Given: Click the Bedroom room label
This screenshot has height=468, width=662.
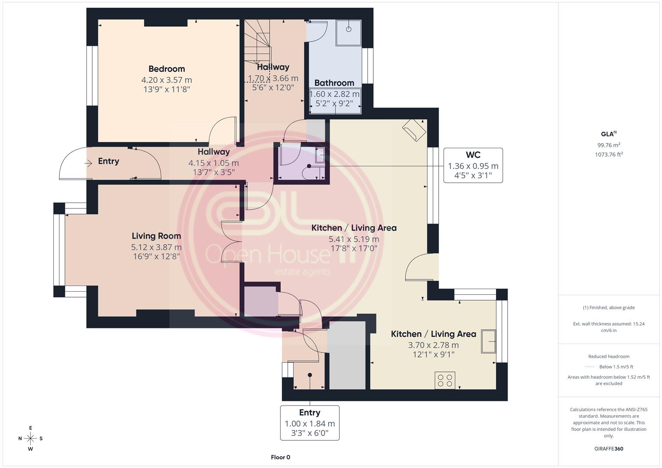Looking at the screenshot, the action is (166, 69).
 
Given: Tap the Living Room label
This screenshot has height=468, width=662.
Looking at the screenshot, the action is (157, 236).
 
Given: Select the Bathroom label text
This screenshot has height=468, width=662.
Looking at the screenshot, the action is (334, 83).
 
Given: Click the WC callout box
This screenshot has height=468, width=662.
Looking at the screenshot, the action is (473, 166).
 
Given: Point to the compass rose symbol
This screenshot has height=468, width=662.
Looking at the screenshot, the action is (30, 439).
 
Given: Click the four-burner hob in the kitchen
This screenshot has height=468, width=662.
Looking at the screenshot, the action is (445, 380).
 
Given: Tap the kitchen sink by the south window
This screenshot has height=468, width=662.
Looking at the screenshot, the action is (489, 341).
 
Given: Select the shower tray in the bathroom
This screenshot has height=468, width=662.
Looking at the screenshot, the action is (349, 33).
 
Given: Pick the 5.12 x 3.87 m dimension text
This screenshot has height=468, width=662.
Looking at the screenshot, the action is (157, 247).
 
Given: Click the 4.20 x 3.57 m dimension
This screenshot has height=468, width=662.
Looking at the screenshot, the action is (166, 80).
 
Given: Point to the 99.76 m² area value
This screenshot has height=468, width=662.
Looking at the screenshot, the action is (609, 145).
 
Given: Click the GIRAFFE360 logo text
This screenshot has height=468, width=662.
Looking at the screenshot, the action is (609, 449).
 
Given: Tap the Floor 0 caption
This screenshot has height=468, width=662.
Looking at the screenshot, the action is (280, 457).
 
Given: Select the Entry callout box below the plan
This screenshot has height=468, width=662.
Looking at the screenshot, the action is (310, 423).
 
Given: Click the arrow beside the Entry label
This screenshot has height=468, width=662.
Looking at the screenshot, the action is (88, 163).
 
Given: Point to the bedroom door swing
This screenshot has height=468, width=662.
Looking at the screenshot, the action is (222, 130).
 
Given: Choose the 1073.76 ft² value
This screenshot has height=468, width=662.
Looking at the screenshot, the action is (609, 154).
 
